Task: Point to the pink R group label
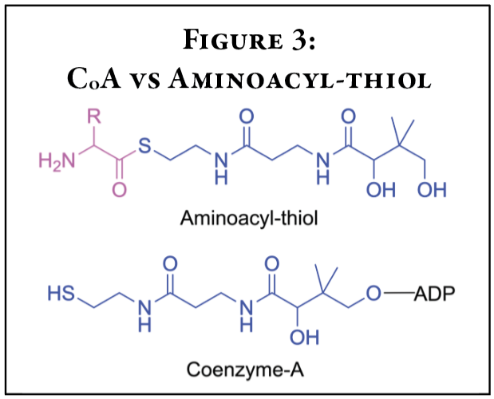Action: click(93, 116)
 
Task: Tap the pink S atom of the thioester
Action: click(144, 146)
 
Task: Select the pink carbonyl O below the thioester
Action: click(120, 190)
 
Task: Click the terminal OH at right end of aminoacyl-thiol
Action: click(433, 191)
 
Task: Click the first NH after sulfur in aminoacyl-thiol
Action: click(220, 168)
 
